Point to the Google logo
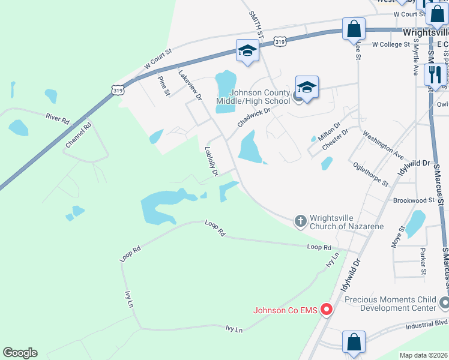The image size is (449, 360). tap(20, 353)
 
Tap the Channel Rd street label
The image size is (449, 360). tap(79, 136)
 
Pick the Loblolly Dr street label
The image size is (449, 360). tap(211, 161)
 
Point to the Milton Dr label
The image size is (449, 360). tap(328, 130)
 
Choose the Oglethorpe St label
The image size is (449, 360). tap(371, 173)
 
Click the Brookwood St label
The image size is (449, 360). tap(414, 200)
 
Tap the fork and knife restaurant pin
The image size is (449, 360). tap(434, 74)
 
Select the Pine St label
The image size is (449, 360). tap(163, 85)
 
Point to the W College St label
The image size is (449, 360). tap(390, 44)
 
